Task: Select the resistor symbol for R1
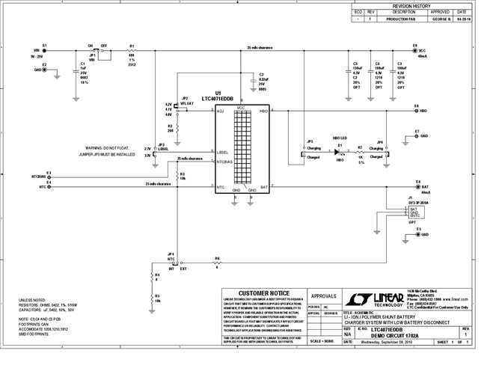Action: pos(132,51)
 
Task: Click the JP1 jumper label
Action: pos(91,55)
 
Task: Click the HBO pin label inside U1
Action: pos(263,111)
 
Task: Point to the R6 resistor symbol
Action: pos(217,263)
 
